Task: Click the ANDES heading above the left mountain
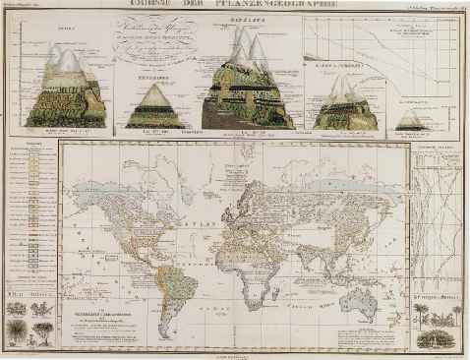(x=67, y=30)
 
